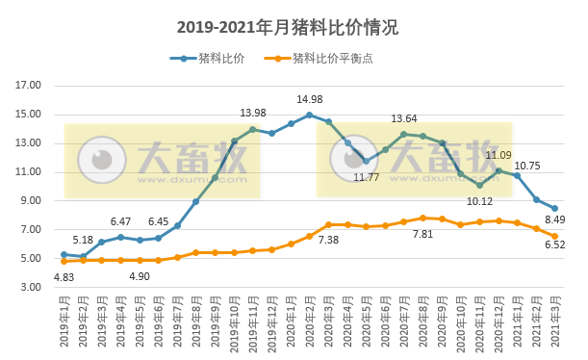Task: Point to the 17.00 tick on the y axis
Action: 30,86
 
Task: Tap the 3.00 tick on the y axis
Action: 30,288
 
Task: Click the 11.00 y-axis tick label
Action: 30,172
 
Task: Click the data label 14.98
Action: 310,100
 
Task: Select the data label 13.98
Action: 253,114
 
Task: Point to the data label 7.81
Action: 422,234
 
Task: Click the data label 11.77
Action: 366,177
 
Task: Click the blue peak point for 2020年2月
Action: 309,115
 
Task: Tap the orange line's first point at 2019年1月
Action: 64,261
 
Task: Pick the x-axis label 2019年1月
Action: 64,322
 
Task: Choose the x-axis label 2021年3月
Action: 555,322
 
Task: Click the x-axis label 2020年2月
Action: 310,322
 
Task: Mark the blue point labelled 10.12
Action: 479,185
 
